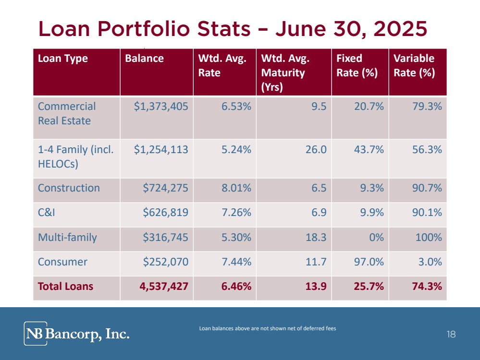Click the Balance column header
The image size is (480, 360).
click(x=144, y=59)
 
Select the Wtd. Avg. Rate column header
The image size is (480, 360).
click(x=222, y=65)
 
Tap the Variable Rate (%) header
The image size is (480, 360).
click(x=414, y=65)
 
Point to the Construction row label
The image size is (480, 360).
click(x=69, y=188)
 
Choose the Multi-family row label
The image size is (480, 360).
click(x=67, y=237)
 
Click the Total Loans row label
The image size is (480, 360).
click(x=65, y=287)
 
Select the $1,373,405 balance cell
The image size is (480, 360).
click(x=161, y=106)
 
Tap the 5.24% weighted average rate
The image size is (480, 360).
click(x=236, y=149)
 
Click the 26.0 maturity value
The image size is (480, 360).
click(x=316, y=149)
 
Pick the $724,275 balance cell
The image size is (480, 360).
click(x=165, y=188)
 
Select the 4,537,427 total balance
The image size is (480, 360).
click(x=161, y=287)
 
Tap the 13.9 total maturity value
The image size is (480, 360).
click(x=316, y=287)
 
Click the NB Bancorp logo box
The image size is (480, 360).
click(x=36, y=334)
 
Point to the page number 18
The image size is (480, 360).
click(x=451, y=335)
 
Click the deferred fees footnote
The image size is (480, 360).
click(x=267, y=328)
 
